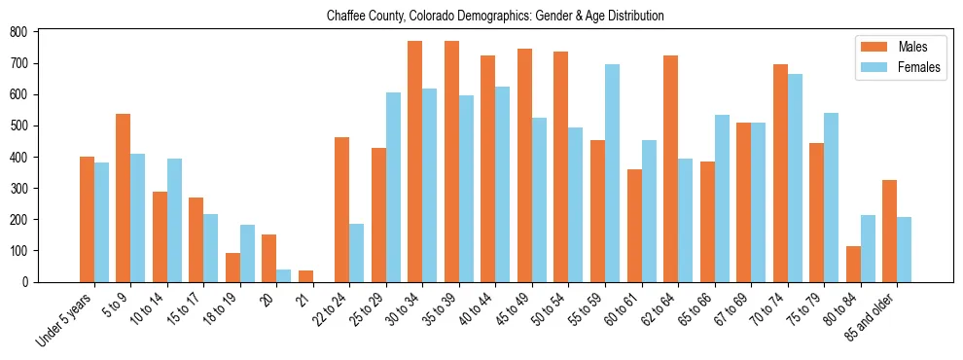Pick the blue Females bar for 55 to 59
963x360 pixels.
pos(612,173)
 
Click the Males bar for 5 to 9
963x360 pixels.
pos(124,198)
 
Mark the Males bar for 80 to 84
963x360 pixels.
pos(853,264)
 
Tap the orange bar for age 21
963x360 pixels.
pos(305,275)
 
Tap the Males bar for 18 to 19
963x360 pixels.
pos(232,268)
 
